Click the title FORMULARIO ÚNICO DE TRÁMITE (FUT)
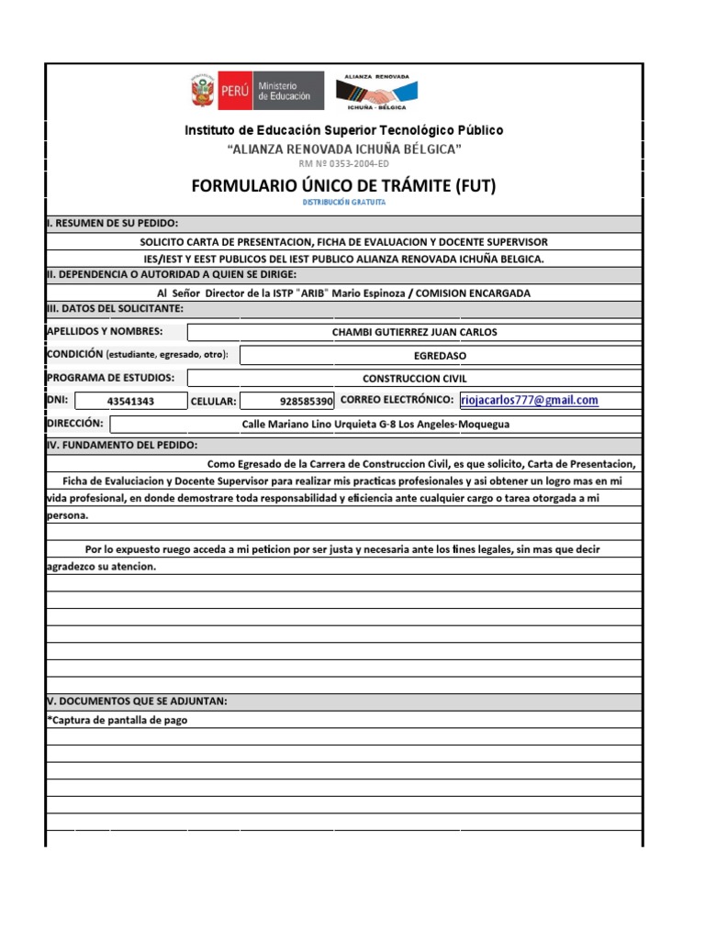[x=343, y=186]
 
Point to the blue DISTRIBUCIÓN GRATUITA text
[x=344, y=202]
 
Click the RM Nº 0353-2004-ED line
[x=344, y=164]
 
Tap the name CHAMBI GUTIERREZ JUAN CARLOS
[x=414, y=332]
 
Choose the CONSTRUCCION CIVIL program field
[x=415, y=378]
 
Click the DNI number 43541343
[x=130, y=401]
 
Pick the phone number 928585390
[x=306, y=401]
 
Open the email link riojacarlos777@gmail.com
[x=530, y=400]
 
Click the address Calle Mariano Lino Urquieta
[x=375, y=425]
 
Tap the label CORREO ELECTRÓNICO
[x=397, y=400]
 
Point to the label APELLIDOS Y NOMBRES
[x=105, y=331]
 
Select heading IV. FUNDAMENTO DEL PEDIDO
[x=122, y=445]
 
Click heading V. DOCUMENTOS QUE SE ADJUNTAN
[x=137, y=701]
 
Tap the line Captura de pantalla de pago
[x=117, y=720]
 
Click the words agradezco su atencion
[x=101, y=567]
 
